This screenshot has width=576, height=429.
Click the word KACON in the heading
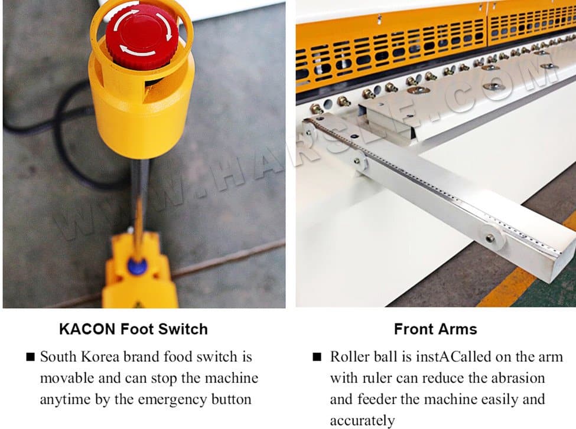(87, 329)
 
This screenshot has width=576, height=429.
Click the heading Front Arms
(435, 329)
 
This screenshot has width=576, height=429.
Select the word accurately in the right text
(362, 421)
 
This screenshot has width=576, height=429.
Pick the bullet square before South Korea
(31, 357)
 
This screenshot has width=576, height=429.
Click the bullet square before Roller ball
(317, 357)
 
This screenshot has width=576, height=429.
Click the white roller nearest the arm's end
(491, 237)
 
